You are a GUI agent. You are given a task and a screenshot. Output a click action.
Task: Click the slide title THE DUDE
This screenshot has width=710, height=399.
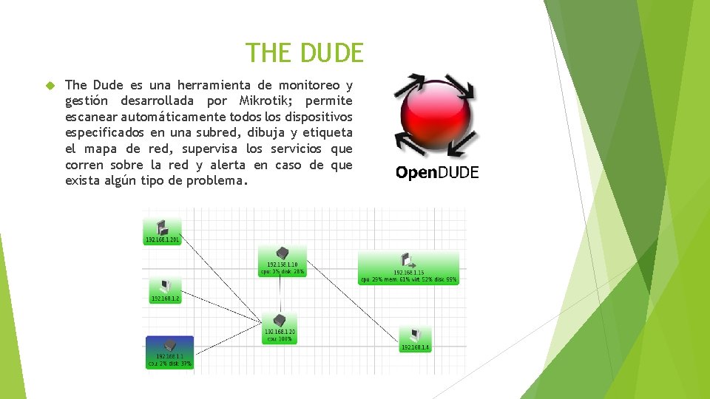point(305,53)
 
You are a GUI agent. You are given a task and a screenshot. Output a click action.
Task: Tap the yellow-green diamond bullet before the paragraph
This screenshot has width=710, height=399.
point(50,86)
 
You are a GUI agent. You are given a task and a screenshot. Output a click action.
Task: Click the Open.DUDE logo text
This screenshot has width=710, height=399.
point(437,173)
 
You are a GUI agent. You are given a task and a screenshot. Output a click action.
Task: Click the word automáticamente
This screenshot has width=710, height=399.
point(172,117)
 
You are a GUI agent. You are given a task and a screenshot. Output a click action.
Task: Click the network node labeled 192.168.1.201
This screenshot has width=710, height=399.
point(162,231)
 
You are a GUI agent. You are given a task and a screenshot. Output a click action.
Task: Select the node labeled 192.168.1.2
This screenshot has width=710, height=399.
point(166,290)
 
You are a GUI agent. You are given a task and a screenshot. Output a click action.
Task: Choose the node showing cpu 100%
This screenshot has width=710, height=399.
point(280,327)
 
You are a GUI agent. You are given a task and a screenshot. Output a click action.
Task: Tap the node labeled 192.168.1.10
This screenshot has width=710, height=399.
point(282,259)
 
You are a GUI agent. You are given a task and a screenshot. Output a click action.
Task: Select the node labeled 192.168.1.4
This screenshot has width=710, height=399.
point(415,339)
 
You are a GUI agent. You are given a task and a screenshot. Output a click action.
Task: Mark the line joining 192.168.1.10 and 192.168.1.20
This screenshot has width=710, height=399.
point(281,294)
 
